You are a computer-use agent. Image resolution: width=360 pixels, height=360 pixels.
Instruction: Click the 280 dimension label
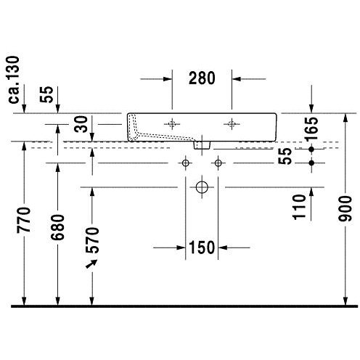(202, 78)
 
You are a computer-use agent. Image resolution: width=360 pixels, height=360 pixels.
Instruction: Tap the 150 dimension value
(202, 247)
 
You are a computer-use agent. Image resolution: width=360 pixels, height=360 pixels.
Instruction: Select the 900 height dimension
(345, 208)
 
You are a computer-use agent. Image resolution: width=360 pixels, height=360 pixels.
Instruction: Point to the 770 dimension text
(24, 220)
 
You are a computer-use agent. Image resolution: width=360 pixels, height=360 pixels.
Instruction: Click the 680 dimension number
(57, 227)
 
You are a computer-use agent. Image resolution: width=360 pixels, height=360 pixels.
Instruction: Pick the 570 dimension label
(92, 240)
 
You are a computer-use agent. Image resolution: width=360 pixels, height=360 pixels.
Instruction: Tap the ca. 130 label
(14, 80)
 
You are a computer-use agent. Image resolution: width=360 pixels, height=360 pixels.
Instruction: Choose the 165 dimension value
(311, 129)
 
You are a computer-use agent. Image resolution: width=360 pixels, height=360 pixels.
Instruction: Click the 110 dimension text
(299, 207)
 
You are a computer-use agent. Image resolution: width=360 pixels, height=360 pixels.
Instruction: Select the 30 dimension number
(81, 124)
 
